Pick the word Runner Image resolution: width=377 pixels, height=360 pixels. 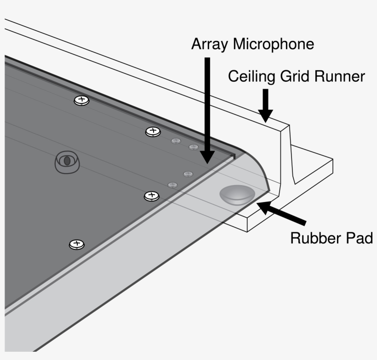[x=341, y=76]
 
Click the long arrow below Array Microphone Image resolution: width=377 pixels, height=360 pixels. [x=207, y=110]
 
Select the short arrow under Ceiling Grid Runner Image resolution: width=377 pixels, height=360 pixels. [x=266, y=106]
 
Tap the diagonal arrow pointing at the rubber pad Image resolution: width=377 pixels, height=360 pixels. [x=280, y=213]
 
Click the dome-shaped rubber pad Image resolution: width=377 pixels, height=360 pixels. [x=236, y=195]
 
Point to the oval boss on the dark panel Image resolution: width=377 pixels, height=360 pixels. [x=67, y=161]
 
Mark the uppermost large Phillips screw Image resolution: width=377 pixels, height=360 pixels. [x=81, y=100]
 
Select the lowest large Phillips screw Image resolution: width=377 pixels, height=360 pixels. [x=76, y=244]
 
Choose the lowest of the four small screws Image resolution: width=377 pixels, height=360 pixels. [x=172, y=185]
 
